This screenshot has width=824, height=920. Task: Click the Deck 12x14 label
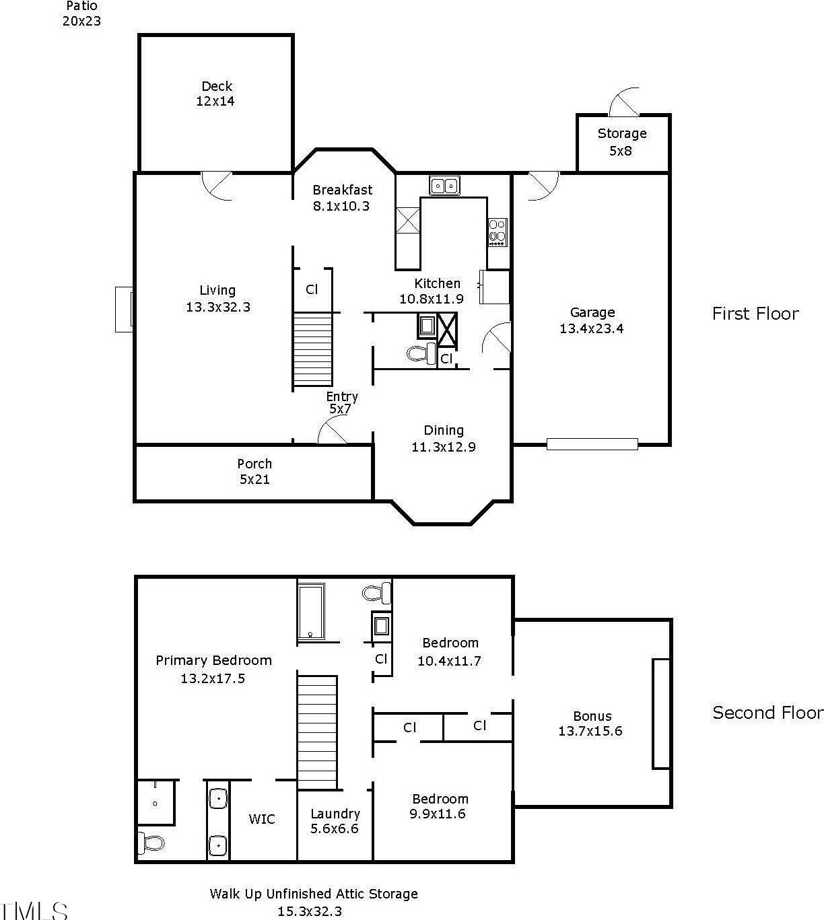(x=216, y=94)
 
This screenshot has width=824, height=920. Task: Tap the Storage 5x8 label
(x=622, y=142)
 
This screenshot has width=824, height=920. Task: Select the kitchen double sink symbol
(x=444, y=186)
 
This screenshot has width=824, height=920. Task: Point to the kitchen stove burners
(x=497, y=232)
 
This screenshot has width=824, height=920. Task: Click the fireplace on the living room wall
(x=124, y=309)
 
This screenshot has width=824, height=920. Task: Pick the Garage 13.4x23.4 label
(x=592, y=320)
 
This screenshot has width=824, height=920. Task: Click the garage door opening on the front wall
(x=592, y=444)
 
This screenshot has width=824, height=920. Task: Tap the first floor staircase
(x=312, y=349)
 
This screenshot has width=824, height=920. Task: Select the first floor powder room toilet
(x=421, y=353)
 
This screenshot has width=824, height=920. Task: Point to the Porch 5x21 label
(x=254, y=471)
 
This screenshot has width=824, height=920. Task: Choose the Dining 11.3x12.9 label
(x=444, y=438)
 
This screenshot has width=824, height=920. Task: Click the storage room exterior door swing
(x=625, y=102)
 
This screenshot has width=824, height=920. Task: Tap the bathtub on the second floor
(x=311, y=611)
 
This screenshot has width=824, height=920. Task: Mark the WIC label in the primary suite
(x=262, y=819)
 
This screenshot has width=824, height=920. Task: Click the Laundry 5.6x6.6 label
(x=335, y=821)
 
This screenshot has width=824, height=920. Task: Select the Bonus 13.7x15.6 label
(x=590, y=723)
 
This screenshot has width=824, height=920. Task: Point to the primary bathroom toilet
(x=151, y=843)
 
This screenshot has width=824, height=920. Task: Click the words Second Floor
(x=767, y=713)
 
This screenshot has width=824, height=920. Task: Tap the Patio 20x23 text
(x=81, y=13)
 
